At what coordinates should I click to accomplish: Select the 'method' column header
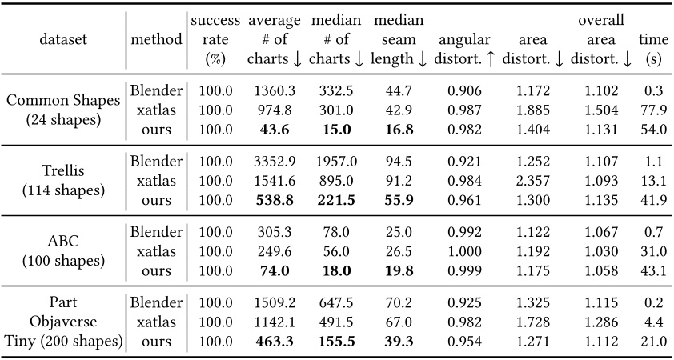click(x=155, y=38)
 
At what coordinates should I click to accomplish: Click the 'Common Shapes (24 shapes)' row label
click(x=62, y=110)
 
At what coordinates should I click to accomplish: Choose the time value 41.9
click(x=653, y=201)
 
